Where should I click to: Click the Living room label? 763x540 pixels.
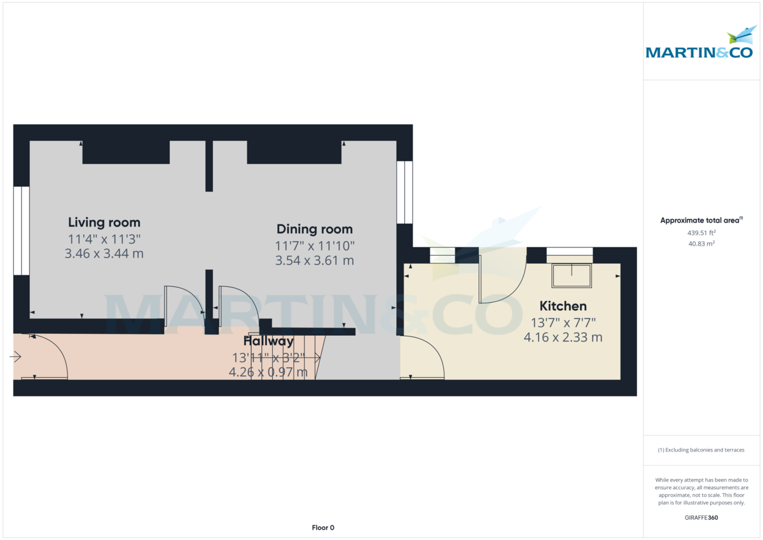click(x=104, y=223)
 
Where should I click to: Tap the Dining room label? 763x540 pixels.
click(x=314, y=229)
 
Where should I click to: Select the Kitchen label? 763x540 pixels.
click(x=563, y=306)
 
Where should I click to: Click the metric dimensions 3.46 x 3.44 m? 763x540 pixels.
click(x=104, y=254)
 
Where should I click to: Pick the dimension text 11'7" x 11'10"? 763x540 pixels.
click(x=314, y=246)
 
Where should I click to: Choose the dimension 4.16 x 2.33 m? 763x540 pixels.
click(x=563, y=338)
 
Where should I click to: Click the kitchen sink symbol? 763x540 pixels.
click(x=572, y=275)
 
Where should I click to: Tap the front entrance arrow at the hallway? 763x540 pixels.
click(x=15, y=357)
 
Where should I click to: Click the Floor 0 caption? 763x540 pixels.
click(x=323, y=527)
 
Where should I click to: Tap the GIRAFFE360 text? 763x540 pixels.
click(x=701, y=518)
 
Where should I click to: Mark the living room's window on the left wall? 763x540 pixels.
click(x=21, y=230)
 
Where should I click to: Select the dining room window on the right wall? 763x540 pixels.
click(x=404, y=192)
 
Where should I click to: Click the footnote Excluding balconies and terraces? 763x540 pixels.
click(x=701, y=450)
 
